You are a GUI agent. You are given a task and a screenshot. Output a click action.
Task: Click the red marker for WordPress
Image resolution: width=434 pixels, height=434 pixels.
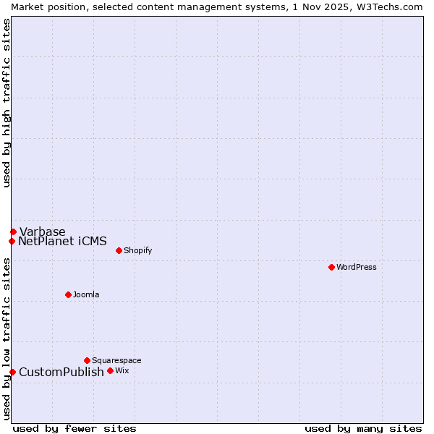pyautogui.click(x=331, y=267)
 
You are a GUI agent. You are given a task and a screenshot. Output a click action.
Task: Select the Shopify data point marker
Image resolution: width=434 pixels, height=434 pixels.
pyautogui.click(x=119, y=250)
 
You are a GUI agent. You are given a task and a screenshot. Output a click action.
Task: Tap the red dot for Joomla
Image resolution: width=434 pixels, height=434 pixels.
pyautogui.click(x=68, y=294)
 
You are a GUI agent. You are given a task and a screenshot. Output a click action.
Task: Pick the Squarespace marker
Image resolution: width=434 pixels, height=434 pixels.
pyautogui.click(x=87, y=360)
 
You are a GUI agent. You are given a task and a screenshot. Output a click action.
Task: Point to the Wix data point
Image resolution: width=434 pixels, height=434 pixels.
pyautogui.click(x=110, y=370)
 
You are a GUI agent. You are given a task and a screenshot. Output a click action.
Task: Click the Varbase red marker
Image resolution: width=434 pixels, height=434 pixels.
pyautogui.click(x=13, y=231)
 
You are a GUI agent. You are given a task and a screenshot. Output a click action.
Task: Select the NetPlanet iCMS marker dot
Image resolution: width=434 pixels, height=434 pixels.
pyautogui.click(x=12, y=241)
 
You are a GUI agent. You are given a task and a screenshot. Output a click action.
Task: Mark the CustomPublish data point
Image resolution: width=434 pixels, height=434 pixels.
pyautogui.click(x=12, y=372)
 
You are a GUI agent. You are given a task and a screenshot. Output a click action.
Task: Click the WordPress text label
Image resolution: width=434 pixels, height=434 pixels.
pyautogui.click(x=357, y=267)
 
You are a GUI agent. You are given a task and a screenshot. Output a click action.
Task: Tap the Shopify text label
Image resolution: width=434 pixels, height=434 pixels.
pyautogui.click(x=137, y=250)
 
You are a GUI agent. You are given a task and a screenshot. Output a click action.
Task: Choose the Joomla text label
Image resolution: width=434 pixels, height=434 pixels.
pyautogui.click(x=86, y=294)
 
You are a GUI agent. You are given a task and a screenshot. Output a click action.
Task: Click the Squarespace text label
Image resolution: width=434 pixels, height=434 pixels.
pyautogui.click(x=116, y=360)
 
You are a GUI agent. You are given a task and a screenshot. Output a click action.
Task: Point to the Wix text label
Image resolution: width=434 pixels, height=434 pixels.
pyautogui.click(x=122, y=370)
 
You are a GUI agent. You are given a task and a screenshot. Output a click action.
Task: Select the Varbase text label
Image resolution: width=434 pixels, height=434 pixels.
pyautogui.click(x=42, y=231)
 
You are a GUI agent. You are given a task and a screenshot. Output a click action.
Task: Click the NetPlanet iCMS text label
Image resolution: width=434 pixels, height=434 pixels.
pyautogui.click(x=62, y=241)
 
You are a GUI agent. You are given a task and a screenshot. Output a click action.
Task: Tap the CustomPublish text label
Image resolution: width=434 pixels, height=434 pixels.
pyautogui.click(x=61, y=372)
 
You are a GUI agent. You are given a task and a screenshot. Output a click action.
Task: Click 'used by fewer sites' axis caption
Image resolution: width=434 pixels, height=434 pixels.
pyautogui.click(x=75, y=428)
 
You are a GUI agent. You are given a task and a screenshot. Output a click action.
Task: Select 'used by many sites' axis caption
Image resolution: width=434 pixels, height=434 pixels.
pyautogui.click(x=363, y=428)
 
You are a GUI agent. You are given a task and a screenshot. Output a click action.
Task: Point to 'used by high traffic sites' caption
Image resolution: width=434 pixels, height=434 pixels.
pyautogui.click(x=7, y=103)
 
